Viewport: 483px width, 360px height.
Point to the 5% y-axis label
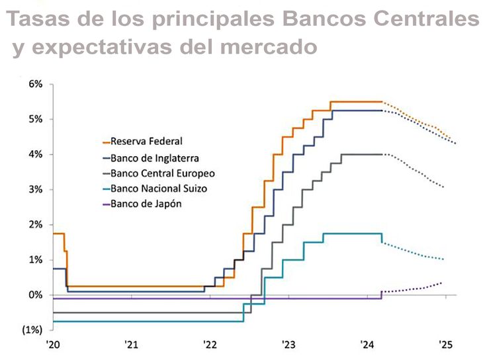34,119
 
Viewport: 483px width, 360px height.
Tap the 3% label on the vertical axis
34,189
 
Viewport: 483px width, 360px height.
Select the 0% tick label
34,294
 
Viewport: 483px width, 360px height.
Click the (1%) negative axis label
31,330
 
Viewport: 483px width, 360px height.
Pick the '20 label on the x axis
53,344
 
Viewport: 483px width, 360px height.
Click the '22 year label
210,344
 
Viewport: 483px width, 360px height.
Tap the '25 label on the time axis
445,344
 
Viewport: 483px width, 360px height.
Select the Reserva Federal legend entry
146,141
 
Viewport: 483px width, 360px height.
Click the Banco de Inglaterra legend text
154,157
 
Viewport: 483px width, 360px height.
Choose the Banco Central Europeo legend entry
162,173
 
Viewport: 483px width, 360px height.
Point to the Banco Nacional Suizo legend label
159,189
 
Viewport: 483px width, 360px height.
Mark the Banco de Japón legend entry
146,204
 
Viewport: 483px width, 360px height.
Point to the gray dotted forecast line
417,171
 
